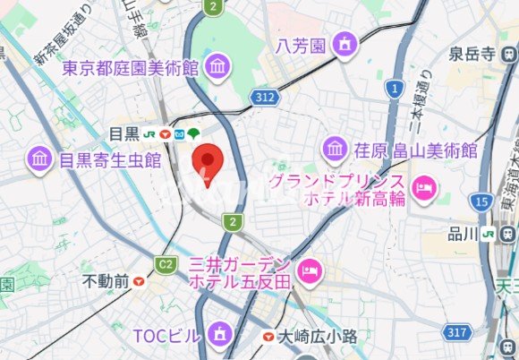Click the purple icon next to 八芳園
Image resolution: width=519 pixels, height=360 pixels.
344,43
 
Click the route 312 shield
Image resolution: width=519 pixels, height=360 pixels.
263,95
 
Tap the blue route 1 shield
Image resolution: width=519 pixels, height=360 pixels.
393,88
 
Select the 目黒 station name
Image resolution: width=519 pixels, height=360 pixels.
124,133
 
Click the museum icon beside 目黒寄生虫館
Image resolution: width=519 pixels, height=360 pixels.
39,159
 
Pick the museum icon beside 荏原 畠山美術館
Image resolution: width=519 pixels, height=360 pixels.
335,148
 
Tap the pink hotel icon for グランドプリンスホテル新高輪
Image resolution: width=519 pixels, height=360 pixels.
425,187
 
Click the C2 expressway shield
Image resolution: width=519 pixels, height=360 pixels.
165,264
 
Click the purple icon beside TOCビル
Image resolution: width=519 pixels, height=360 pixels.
219,335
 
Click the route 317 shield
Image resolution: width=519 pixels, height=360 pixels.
458,332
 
